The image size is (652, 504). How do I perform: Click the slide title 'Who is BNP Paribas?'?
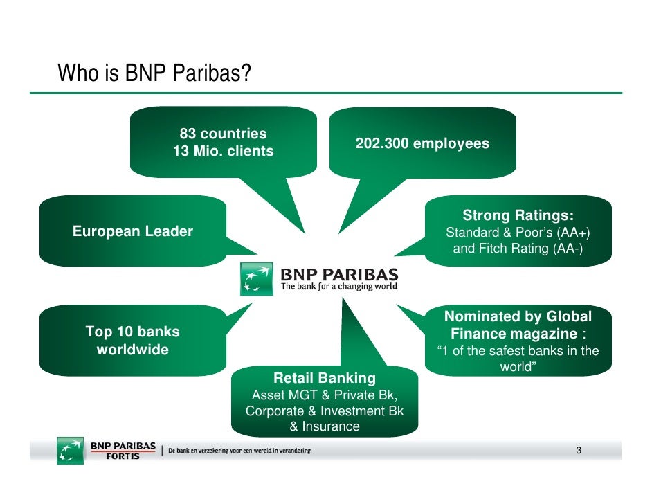154,72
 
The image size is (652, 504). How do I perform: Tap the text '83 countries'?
223,134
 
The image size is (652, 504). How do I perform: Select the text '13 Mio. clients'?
223,151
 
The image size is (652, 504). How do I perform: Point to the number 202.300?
382,144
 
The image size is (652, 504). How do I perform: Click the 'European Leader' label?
133,231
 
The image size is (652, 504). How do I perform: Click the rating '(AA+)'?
576,232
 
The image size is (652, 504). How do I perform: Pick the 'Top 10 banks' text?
132,332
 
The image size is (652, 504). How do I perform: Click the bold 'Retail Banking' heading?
325,378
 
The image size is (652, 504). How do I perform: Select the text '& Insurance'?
325,426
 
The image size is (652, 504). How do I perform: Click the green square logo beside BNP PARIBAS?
257,279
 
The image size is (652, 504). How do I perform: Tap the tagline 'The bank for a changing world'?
339,287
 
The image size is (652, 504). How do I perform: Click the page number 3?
578,451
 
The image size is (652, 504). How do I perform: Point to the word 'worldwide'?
132,350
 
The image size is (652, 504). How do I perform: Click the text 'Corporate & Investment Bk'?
325,411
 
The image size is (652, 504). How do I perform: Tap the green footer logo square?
70,450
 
